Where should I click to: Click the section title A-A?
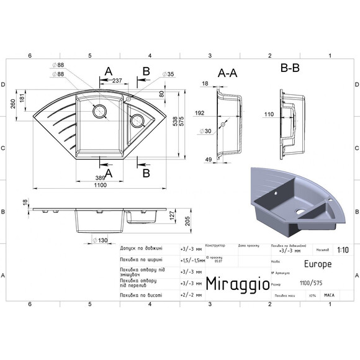click(227, 73)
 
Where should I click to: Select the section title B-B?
click(290, 68)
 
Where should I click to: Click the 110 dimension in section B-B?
click(269, 114)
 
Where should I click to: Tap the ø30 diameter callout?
click(204, 131)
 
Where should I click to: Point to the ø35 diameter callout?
click(168, 74)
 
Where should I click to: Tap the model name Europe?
click(318, 263)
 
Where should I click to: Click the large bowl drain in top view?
click(99, 112)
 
